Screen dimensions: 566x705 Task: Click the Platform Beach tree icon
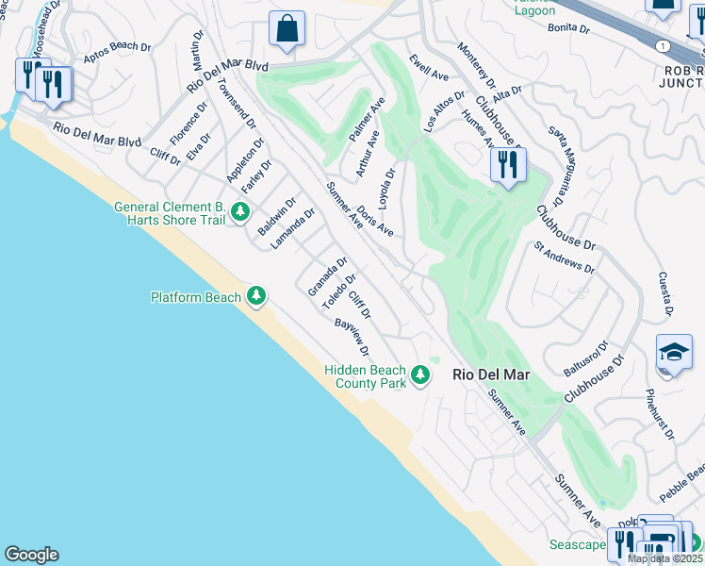pyautogui.click(x=255, y=297)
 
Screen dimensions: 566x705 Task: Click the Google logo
pyautogui.click(x=31, y=555)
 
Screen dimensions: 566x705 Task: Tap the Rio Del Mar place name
pyautogui.click(x=491, y=375)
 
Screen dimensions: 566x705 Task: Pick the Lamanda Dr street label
pyautogui.click(x=291, y=229)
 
